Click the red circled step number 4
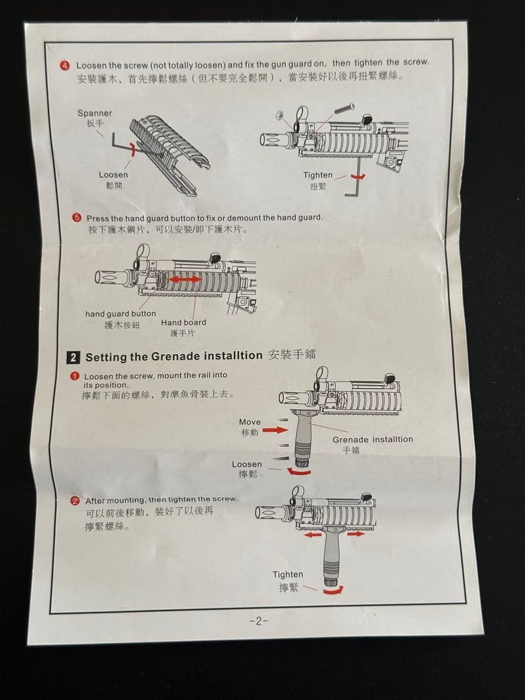65,65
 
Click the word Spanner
95,113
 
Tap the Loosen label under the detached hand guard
113,174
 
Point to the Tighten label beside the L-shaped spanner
318,175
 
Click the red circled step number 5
76,218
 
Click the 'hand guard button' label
121,314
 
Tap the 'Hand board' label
183,323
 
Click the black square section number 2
74,357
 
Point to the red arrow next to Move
274,430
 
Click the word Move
250,422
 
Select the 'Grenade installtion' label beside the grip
373,439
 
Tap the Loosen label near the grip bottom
247,464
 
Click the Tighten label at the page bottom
287,574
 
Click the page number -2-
258,621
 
